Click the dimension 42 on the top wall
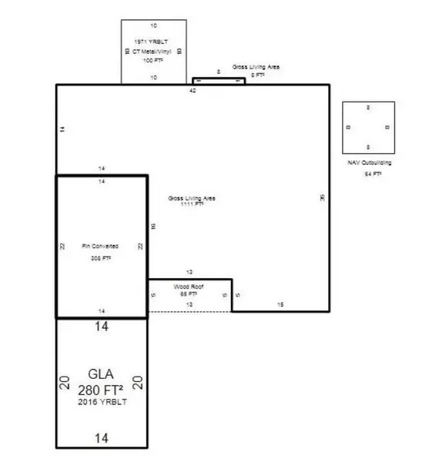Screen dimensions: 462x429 pos(193,90)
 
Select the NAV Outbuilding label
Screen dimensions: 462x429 pos(370,163)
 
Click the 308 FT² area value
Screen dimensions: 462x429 pos(100,259)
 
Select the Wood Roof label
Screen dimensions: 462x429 pos(189,286)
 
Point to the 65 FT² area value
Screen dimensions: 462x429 pos(189,293)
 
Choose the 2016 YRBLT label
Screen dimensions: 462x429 pos(101,402)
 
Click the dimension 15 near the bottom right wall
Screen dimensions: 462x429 pos(280,306)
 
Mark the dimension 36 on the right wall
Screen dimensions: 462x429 pos(323,198)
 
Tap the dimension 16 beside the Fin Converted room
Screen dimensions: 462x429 pos(152,226)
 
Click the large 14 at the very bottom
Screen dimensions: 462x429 pos(101,438)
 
